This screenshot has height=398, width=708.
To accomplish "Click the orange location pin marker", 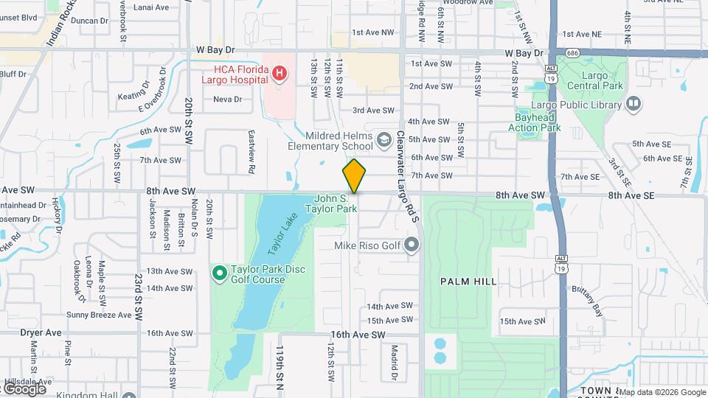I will (x=354, y=175).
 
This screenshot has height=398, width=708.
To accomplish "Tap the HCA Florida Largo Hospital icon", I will (x=280, y=73).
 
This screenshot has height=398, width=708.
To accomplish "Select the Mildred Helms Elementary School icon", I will (x=384, y=139).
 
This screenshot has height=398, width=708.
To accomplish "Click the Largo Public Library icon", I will (x=633, y=105).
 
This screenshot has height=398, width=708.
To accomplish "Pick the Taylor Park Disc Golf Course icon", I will (x=219, y=273).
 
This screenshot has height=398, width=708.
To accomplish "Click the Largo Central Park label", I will (x=589, y=89).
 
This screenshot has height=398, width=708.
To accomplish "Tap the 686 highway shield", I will (x=572, y=53).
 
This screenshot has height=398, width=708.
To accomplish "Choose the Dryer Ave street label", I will (x=41, y=332).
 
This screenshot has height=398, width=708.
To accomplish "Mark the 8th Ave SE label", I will (x=631, y=195).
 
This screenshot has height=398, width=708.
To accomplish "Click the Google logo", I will (x=24, y=388).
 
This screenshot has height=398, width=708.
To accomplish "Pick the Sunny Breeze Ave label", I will (x=99, y=315).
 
